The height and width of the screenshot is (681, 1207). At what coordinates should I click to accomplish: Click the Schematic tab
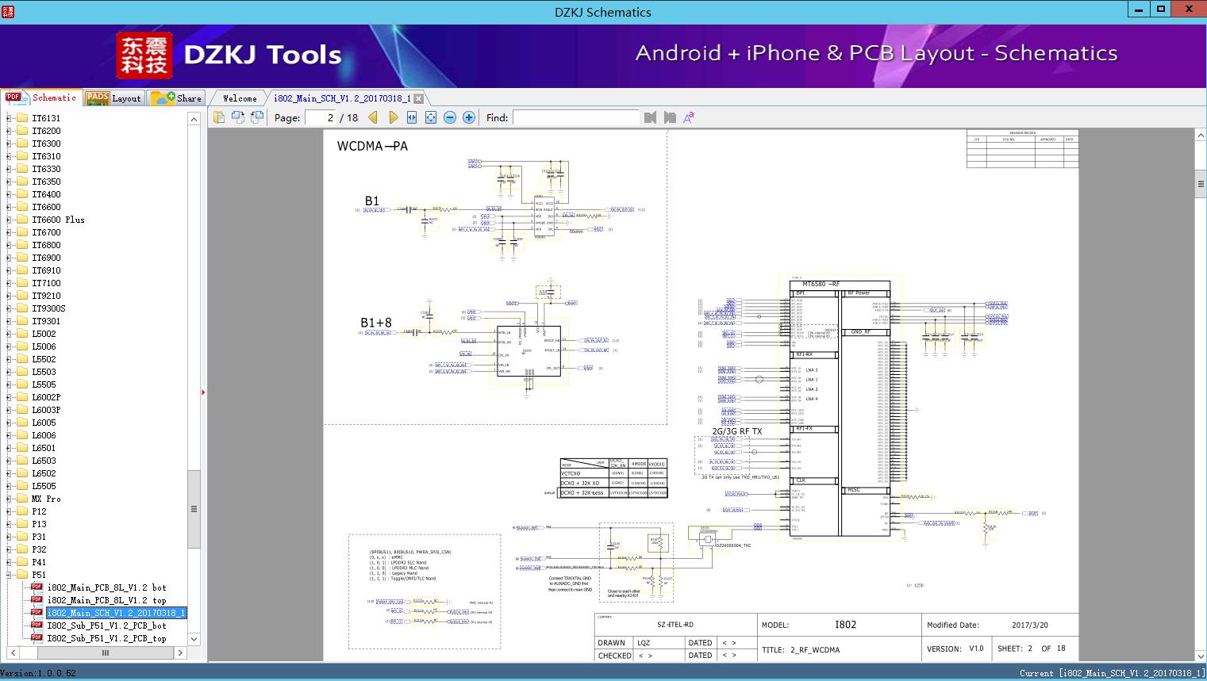(41, 98)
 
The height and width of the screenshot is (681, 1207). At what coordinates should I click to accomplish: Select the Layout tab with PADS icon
(113, 98)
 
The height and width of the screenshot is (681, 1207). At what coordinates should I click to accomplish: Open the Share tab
(177, 98)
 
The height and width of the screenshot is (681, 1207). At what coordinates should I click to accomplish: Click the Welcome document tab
(240, 98)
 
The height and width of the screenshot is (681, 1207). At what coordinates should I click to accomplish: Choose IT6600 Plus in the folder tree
(58, 220)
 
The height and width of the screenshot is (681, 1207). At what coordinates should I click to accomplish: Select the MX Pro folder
(46, 499)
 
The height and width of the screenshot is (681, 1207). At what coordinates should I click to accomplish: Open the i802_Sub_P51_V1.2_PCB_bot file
(106, 626)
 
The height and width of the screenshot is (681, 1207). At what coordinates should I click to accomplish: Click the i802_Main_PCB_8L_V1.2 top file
(106, 600)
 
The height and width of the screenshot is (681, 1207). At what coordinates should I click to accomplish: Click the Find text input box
(575, 117)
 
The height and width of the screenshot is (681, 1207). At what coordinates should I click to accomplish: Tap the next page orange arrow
(393, 117)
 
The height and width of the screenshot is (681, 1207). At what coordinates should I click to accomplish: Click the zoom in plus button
(469, 117)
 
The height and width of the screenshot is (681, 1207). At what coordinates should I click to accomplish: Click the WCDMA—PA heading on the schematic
(372, 146)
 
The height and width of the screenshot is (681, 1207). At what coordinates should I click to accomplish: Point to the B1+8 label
(376, 323)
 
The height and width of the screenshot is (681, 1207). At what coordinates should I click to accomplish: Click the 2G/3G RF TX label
(736, 431)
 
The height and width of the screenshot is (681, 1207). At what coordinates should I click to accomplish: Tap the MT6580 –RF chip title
(821, 284)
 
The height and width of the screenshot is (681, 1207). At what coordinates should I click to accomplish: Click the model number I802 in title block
(845, 625)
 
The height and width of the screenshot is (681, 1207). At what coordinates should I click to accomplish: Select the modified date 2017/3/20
(1029, 625)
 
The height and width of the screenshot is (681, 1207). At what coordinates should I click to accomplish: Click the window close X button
(1189, 10)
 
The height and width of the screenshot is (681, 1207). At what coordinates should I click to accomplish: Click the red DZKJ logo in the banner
(144, 55)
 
